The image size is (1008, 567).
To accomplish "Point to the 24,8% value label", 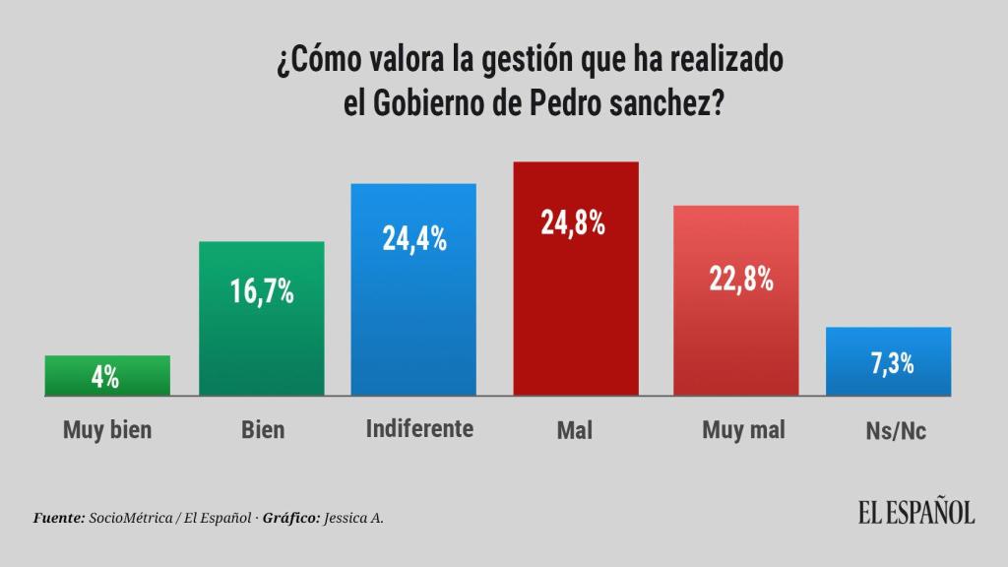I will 572,222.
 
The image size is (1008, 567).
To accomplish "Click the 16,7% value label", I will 262,292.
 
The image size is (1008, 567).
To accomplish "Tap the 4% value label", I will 105,377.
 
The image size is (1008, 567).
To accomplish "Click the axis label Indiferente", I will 419,428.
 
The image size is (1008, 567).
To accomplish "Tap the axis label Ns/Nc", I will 893,431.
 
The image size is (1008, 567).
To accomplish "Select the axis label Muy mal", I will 743,430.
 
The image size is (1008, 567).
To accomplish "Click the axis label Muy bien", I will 107,430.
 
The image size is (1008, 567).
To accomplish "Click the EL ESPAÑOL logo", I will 915,513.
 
